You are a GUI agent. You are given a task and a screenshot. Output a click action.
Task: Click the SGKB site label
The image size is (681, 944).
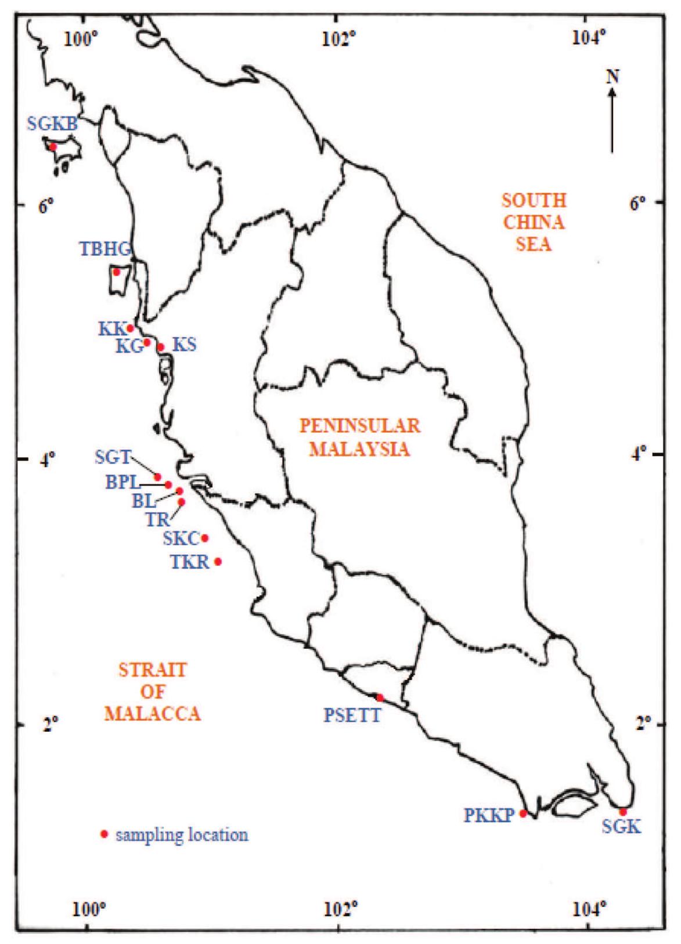52,124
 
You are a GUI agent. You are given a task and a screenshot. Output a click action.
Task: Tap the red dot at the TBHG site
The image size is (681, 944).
117,272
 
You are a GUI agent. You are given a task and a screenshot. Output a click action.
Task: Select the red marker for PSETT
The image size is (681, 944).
380,697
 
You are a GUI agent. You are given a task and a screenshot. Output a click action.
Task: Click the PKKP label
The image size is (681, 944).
489,815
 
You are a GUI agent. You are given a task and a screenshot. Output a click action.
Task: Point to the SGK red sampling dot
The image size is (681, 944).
623,812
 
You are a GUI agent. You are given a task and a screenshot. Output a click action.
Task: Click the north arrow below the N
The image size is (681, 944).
612,122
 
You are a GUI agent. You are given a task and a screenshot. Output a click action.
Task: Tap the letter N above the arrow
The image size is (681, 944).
612,77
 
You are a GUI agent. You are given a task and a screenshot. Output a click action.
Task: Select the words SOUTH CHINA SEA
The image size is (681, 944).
534,222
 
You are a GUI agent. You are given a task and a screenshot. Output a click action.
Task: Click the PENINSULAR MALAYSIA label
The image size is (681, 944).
359,437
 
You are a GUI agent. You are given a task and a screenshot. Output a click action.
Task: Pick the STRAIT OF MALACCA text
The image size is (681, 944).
152,691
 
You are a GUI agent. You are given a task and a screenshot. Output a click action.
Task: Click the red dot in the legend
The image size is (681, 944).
104,834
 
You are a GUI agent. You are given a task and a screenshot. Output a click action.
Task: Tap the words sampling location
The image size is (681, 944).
182,835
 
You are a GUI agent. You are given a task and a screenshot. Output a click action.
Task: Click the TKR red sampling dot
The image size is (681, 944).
218,561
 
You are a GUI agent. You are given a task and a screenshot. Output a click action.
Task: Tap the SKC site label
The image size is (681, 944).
181,538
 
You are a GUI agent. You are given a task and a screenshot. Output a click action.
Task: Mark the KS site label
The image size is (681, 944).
185,345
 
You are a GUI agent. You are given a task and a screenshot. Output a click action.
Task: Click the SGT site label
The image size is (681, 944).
113,457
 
